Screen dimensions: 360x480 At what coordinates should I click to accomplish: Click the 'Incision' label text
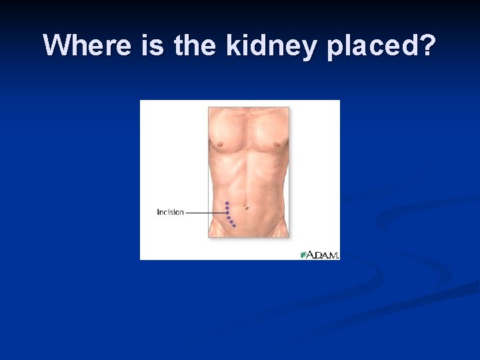[x=170, y=213]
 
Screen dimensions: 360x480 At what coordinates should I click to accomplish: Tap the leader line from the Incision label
[x=205, y=213]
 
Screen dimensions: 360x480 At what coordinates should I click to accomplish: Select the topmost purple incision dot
[x=227, y=203]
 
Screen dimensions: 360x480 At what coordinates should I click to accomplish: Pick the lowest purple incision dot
[x=234, y=226]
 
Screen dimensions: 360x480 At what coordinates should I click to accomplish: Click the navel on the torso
[x=247, y=208]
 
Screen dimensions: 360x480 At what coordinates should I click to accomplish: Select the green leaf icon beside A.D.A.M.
[x=304, y=255]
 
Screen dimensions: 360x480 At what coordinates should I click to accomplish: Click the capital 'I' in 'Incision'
[x=158, y=213]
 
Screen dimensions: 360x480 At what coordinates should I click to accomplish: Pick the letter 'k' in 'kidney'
[x=233, y=45]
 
